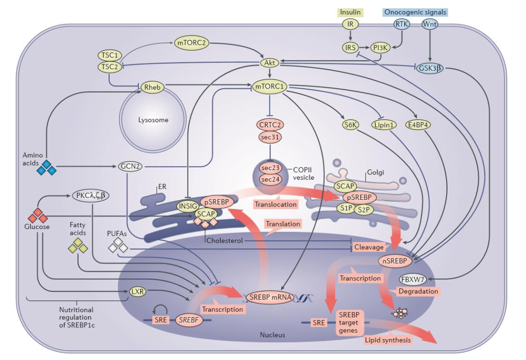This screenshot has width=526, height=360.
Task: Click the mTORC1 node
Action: (x=269, y=87)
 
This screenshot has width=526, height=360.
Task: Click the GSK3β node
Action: (x=430, y=68)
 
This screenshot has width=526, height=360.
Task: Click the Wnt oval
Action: (x=430, y=24)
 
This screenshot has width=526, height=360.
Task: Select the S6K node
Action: (x=350, y=125)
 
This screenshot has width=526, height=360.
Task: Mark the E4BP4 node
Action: (x=419, y=125)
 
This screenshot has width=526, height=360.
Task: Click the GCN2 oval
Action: (x=131, y=166)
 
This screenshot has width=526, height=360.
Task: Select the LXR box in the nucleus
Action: (x=136, y=292)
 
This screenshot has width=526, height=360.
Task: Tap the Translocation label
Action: (x=276, y=204)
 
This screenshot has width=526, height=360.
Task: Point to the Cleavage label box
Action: (x=369, y=247)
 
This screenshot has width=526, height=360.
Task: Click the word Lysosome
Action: (x=152, y=120)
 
